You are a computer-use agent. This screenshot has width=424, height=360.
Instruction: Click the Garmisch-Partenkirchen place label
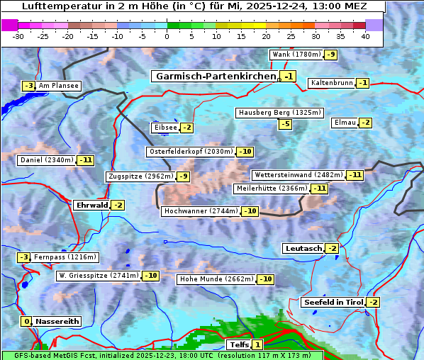click(216, 76)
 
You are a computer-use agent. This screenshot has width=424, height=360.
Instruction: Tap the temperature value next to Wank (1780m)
click(331, 55)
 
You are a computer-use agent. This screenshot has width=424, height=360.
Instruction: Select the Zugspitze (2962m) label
click(140, 176)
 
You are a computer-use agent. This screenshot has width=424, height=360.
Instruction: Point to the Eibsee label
click(165, 128)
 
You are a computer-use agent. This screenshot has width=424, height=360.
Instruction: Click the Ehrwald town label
click(91, 205)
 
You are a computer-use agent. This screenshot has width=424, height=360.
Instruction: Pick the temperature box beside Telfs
click(257, 344)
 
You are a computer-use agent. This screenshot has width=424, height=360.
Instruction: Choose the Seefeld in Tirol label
click(333, 302)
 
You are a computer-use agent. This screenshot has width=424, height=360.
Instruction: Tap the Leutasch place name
click(303, 248)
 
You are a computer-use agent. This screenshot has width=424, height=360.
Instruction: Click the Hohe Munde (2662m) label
click(216, 279)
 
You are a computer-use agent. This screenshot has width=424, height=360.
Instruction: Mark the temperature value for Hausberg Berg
click(285, 124)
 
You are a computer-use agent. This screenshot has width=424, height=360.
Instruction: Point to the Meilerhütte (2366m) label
click(272, 189)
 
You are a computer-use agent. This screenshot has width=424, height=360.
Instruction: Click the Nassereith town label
click(57, 321)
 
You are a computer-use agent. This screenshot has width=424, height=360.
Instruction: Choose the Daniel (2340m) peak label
click(46, 160)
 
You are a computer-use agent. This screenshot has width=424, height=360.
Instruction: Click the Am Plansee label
click(58, 86)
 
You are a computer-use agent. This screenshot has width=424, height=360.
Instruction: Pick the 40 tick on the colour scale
click(365, 36)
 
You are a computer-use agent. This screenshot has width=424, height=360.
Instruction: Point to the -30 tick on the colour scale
click(18, 36)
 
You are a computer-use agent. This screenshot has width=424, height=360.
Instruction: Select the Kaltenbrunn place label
click(331, 83)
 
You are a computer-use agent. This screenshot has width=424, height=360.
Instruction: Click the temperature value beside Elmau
click(365, 123)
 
